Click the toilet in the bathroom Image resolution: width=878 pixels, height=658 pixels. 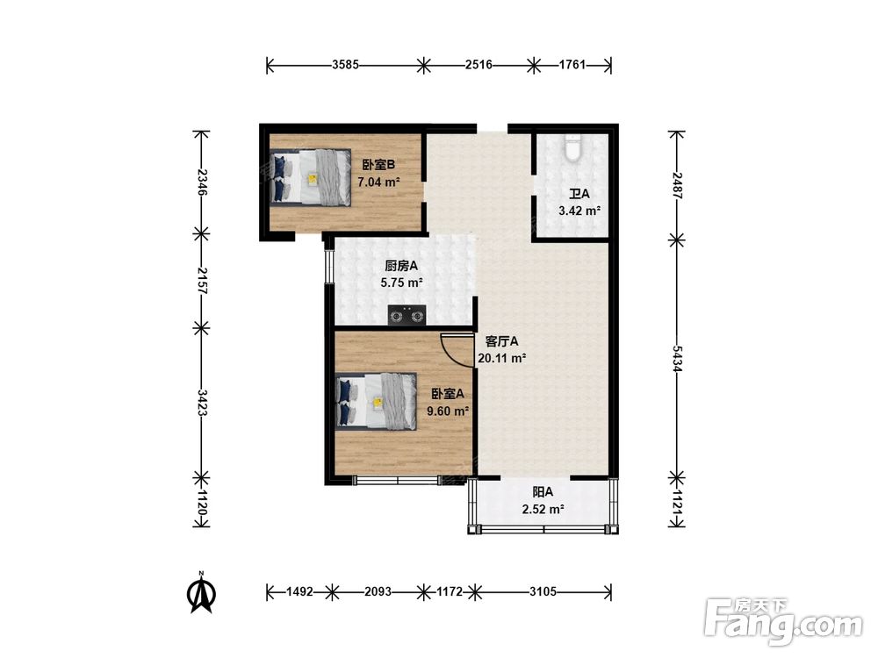572,147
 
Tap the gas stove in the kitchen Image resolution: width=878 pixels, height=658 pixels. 407,315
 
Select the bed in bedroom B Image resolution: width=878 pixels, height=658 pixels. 311,177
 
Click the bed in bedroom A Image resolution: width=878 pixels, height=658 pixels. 377,401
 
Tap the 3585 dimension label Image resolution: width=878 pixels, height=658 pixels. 345,65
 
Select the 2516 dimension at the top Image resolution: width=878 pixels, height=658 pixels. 479,65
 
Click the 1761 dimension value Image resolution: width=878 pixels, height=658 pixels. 572,65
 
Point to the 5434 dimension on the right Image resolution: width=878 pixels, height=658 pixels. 677,359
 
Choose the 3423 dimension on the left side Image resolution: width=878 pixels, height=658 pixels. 202,403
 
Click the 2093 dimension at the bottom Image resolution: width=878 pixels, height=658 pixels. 378,591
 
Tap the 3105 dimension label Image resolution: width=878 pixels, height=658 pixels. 543,591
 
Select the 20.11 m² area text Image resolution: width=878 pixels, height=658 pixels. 501,358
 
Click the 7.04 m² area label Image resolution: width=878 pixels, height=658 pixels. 378,182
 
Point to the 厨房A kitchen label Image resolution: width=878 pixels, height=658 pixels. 401,267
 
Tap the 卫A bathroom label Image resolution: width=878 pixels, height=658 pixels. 579,194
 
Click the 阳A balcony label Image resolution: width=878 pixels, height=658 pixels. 543,492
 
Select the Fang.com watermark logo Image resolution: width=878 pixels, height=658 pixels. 783,620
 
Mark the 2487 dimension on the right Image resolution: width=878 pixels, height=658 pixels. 677,185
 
